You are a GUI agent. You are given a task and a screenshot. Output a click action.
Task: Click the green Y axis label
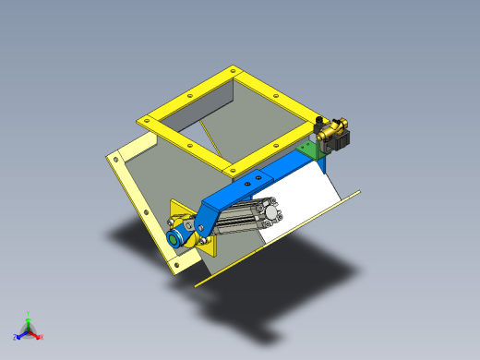29,313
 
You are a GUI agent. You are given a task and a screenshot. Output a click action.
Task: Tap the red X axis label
41,337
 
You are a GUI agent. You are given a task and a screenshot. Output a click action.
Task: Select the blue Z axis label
16,336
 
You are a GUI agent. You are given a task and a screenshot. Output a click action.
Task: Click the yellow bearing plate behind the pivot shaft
207,246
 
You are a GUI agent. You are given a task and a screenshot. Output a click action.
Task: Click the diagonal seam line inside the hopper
213,139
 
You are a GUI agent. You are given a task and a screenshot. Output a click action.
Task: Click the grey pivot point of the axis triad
28,330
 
